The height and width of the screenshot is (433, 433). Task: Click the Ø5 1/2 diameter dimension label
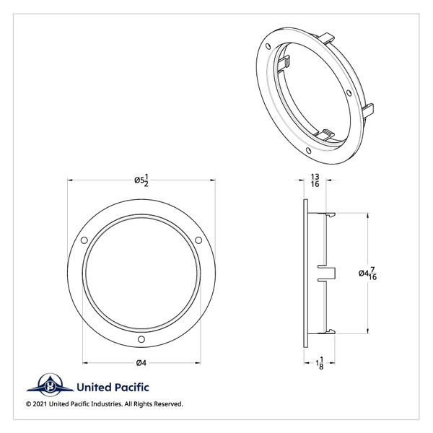pos(142,181)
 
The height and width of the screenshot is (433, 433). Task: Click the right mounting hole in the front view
pos(199,240)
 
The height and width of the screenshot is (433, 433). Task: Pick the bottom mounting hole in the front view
pos(141,340)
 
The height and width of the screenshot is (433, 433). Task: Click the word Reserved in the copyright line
pos(166,403)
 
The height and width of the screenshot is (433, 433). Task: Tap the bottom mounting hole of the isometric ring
pos(307,151)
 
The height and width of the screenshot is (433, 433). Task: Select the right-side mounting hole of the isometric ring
pos(349,94)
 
